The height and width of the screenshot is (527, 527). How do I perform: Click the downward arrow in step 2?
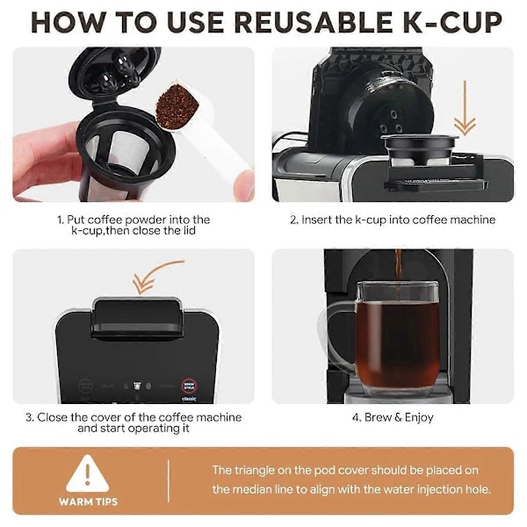coord(465,107)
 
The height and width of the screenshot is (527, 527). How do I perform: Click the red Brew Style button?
coord(189,386)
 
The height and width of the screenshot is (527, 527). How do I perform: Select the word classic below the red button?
coord(189,399)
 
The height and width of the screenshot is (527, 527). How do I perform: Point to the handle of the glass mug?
coord(339,338)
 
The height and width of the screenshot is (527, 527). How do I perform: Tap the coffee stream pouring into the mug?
coord(398,274)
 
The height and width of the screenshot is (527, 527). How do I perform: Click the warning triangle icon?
coord(88,474)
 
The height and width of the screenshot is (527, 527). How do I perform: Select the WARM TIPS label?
coord(88,502)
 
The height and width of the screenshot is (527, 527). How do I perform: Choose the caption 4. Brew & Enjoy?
coord(393,417)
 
